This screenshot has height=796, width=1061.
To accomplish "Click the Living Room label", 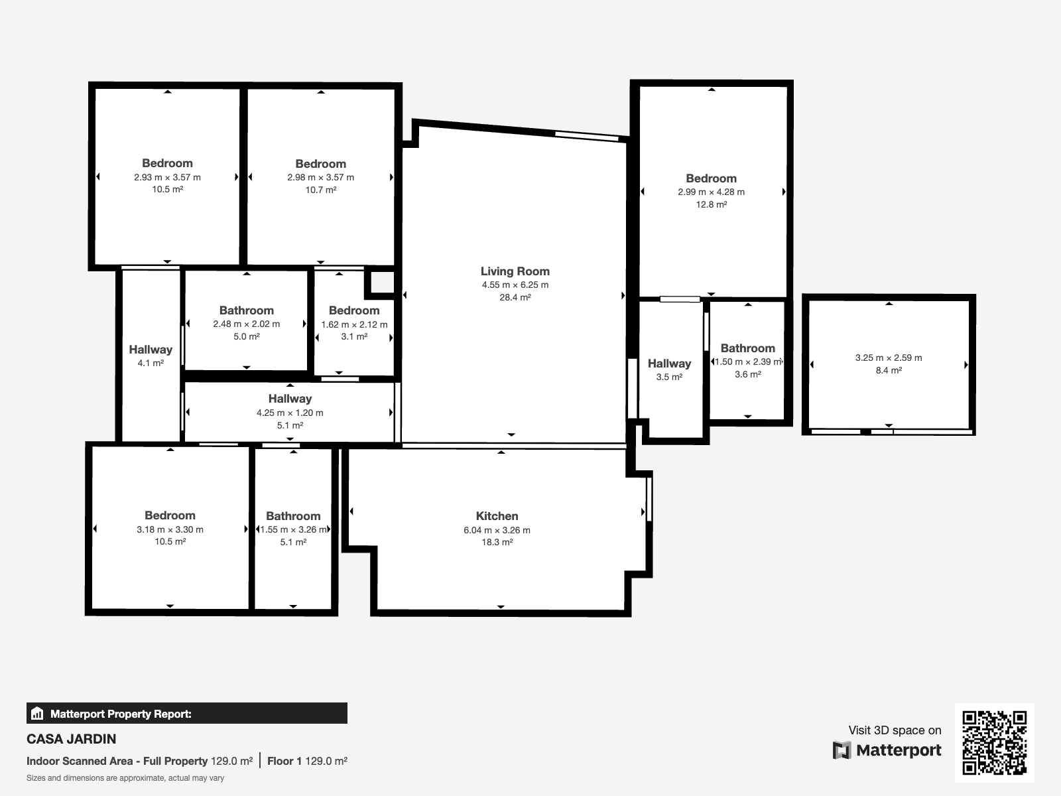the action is [x=515, y=271].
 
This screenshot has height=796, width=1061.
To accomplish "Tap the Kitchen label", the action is [x=497, y=515].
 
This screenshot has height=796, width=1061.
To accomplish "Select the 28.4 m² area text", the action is [x=515, y=297].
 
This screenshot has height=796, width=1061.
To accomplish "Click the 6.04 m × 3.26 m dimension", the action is [x=497, y=530].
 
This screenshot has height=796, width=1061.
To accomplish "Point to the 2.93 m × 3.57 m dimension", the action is [x=167, y=177].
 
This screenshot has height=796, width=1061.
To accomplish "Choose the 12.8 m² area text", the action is [x=711, y=204].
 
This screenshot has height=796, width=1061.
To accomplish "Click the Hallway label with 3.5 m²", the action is [x=669, y=364].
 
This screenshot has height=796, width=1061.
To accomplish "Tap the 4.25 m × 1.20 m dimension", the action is [x=290, y=413].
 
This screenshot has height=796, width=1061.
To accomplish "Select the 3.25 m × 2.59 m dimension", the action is [x=889, y=358].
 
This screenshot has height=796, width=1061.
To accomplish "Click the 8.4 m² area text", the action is [x=889, y=370].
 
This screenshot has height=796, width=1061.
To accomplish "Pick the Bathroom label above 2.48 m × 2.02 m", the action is [x=247, y=310].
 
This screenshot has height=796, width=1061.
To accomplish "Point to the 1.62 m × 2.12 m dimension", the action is [x=354, y=324].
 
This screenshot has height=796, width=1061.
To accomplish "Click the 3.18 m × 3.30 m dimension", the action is [x=170, y=529].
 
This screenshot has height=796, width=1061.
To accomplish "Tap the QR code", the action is [x=994, y=742].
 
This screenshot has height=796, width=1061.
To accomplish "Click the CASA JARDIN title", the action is [x=71, y=739].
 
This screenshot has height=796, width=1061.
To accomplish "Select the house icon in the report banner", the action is [x=36, y=713].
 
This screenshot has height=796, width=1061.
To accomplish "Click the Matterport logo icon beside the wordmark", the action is [x=842, y=750].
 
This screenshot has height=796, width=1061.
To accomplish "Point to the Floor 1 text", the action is [x=284, y=762].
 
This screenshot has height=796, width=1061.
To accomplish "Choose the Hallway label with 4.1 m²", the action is [x=151, y=350].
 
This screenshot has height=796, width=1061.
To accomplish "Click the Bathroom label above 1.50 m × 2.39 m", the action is [x=748, y=348].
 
